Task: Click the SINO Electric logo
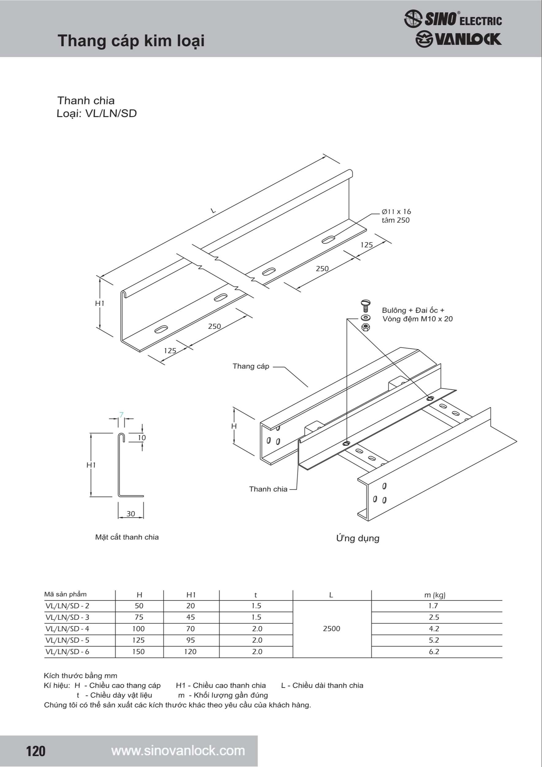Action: point(452,18)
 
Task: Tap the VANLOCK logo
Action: point(458,39)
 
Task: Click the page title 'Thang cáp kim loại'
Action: point(131,41)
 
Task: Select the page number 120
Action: point(36,751)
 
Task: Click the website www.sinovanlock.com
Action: point(178,751)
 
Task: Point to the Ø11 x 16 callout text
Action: point(396,211)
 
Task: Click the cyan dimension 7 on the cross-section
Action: point(121,414)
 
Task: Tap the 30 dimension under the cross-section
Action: point(131,514)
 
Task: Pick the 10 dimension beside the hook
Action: point(142,437)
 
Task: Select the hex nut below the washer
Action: point(365,327)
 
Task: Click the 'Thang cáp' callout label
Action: point(251,366)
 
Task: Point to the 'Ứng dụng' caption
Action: point(358,538)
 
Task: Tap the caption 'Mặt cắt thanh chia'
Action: point(127,537)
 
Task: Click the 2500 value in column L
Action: point(331,629)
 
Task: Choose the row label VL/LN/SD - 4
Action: point(67,629)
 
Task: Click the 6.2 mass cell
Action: point(434,651)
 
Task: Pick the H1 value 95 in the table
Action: point(190,640)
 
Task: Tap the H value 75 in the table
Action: point(139,617)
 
